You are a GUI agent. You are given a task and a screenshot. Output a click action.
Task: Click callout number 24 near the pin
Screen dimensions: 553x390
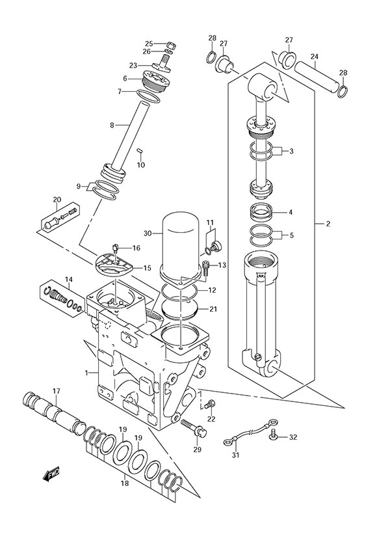(314, 57)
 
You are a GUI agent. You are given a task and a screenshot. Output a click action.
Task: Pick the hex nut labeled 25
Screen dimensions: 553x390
(168, 44)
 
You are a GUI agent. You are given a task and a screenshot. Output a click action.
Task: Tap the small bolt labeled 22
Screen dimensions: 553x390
(209, 405)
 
